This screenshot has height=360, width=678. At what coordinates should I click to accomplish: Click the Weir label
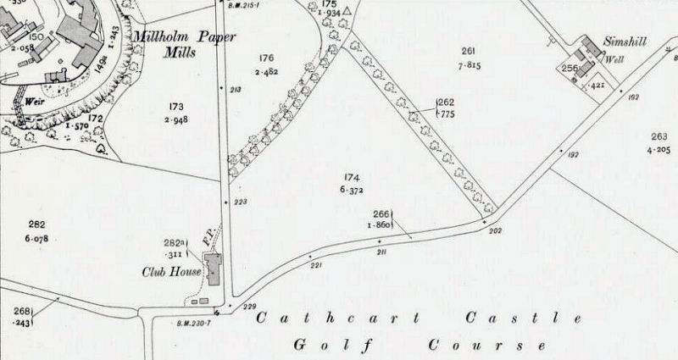click(x=35, y=99)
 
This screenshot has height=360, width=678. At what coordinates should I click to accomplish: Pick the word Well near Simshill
click(x=614, y=59)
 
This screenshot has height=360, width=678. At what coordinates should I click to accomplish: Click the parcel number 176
click(x=267, y=58)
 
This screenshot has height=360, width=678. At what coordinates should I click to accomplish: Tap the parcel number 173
click(x=177, y=106)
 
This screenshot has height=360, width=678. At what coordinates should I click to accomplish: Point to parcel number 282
click(x=36, y=224)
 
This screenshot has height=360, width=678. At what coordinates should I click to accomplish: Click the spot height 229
click(x=249, y=307)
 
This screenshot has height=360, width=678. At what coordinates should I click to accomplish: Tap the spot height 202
click(x=496, y=230)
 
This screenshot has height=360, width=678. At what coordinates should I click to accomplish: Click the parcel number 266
click(x=381, y=214)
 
